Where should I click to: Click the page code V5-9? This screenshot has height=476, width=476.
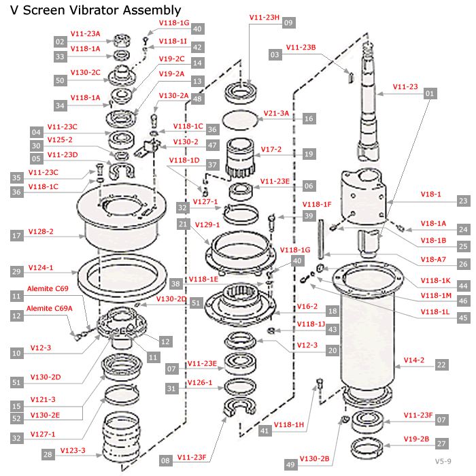coord(445,462)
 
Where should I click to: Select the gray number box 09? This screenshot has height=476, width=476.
coord(288,22)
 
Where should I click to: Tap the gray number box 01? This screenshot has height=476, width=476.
coord(429,92)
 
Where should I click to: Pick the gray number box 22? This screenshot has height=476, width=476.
coord(442,365)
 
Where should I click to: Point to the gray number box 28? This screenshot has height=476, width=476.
coord(47,454)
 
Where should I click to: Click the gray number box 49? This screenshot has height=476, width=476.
coord(291,464)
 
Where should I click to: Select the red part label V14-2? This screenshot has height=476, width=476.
coord(414,360)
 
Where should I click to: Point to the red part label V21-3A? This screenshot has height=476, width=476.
coord(275,113)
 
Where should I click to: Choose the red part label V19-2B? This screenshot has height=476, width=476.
coord(416,439)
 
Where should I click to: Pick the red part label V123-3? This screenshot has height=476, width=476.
coord(72,450)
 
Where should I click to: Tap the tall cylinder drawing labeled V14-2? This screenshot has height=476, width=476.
coord(368,340)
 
